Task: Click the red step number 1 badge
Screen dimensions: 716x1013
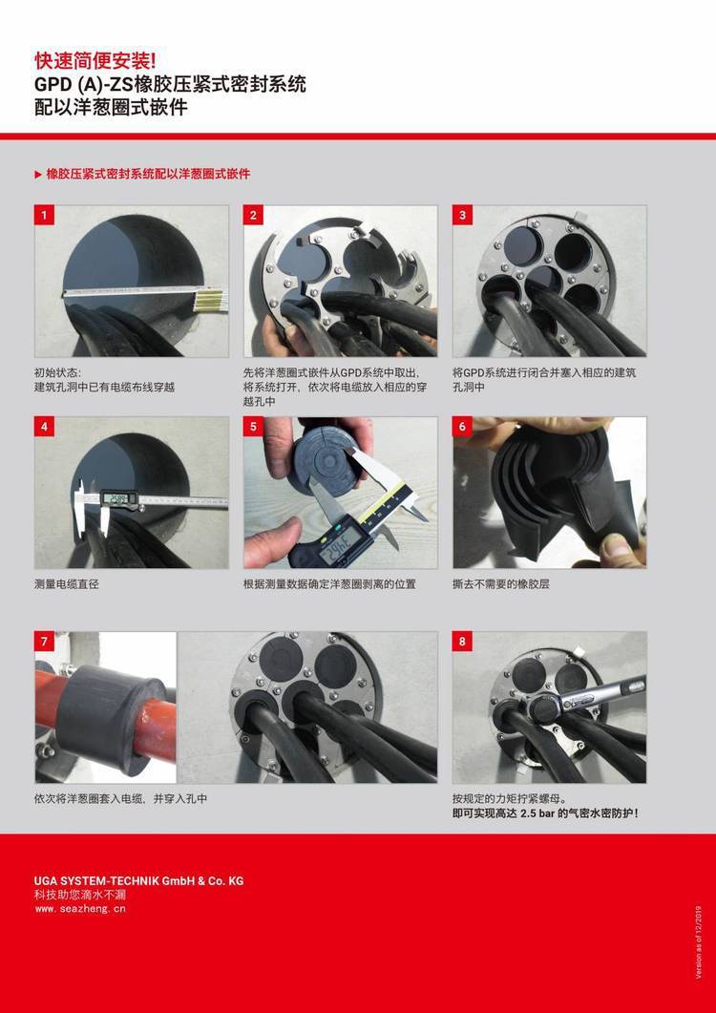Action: [44, 215]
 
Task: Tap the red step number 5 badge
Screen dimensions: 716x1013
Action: [253, 427]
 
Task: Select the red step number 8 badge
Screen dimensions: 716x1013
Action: [462, 642]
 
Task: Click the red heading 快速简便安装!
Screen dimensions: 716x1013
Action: [95, 61]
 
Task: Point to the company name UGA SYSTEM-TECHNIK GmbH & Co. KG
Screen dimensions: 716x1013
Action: [139, 880]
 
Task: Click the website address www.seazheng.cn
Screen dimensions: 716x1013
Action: [80, 908]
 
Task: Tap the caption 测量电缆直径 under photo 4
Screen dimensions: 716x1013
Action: [67, 584]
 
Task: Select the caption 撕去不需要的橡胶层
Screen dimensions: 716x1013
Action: [501, 584]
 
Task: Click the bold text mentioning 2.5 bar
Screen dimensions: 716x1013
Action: [545, 813]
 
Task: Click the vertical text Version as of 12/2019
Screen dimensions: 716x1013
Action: [699, 943]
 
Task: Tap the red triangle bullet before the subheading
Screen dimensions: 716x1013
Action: [38, 175]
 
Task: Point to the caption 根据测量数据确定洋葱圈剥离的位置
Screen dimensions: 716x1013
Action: [329, 584]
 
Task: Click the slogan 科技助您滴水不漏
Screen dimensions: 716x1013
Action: [79, 895]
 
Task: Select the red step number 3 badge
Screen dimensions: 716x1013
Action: [462, 215]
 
